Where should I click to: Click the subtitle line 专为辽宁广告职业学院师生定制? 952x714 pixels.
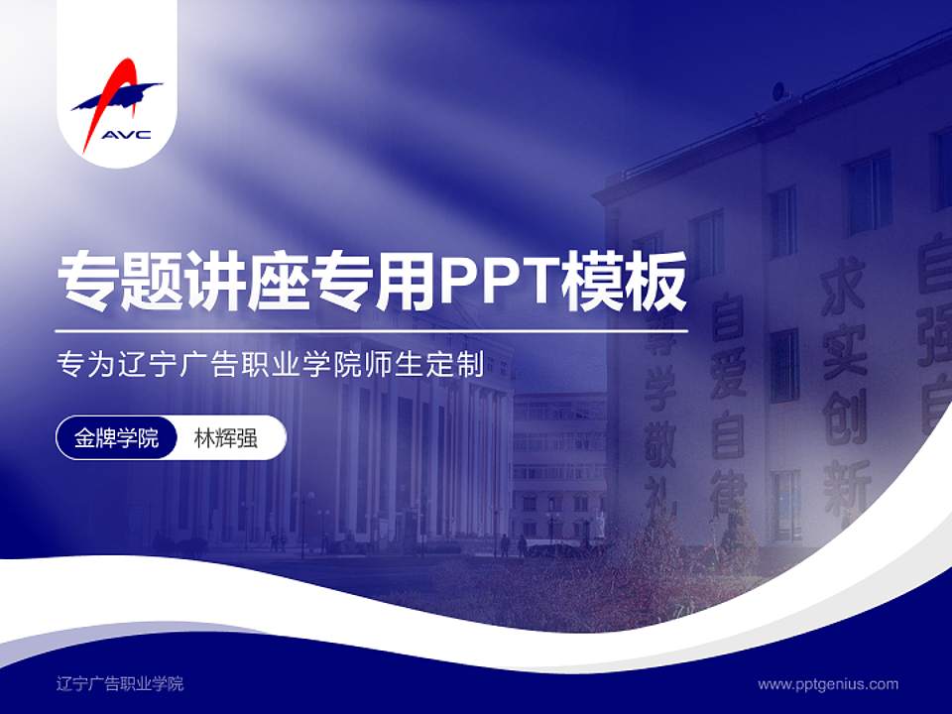tap(270, 365)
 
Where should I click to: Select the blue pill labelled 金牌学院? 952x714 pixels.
tap(117, 438)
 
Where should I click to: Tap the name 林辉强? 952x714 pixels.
tap(226, 438)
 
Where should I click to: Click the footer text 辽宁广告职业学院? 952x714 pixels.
tap(120, 683)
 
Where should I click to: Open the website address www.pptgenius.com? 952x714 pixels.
tap(828, 683)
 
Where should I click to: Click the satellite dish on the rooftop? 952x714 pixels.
tap(780, 92)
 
